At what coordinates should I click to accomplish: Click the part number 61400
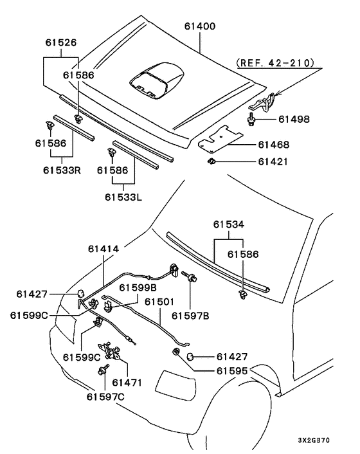[x=200, y=26]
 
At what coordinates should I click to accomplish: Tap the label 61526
[x=61, y=43]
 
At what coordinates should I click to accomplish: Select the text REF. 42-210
[x=275, y=63]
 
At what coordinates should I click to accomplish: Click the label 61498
[x=294, y=120]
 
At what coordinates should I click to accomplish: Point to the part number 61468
[x=274, y=145]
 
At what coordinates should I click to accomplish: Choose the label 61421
[x=273, y=161]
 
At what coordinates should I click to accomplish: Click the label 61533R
[x=62, y=170]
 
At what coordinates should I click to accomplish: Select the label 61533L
[x=123, y=197]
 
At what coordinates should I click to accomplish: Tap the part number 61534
[x=229, y=224]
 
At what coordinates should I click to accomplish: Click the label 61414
[x=104, y=249]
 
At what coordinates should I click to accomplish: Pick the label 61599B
[x=138, y=288]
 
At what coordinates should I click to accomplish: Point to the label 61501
[x=159, y=302]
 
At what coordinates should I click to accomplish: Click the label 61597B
[x=190, y=316]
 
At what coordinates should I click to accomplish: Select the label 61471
[x=127, y=383]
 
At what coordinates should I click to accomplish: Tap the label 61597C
[x=105, y=397]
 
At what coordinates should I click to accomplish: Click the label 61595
[x=232, y=371]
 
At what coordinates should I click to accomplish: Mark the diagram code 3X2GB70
[x=314, y=440]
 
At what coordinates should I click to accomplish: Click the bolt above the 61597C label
[x=104, y=369]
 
